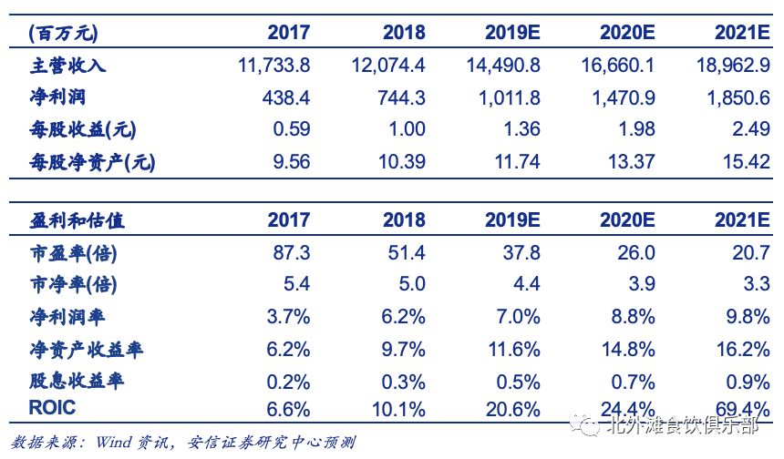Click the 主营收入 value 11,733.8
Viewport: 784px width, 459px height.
[x=274, y=66]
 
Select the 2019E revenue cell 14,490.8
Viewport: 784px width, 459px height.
[x=503, y=66]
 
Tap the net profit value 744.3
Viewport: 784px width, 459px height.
[x=401, y=97]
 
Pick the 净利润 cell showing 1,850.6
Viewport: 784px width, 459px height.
[x=738, y=97]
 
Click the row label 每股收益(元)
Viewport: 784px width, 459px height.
[x=82, y=130]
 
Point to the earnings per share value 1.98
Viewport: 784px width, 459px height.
[x=636, y=129]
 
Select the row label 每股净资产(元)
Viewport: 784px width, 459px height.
[x=92, y=162]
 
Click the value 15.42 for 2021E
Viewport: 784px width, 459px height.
[x=746, y=162]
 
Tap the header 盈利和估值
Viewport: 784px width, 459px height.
[x=77, y=220]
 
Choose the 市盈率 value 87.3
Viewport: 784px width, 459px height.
[x=292, y=253]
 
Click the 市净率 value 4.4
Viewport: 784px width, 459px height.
[x=527, y=284]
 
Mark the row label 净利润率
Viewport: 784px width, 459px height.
[x=67, y=317]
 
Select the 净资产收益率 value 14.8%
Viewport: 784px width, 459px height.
[x=628, y=349]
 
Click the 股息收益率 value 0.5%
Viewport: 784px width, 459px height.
[x=518, y=382]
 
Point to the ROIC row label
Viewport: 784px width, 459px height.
[x=52, y=408]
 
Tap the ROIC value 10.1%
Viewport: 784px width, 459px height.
[x=398, y=410]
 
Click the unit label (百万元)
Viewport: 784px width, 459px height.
[x=63, y=33]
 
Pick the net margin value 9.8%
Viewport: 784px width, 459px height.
[x=748, y=317]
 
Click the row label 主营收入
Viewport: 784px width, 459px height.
[x=67, y=66]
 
